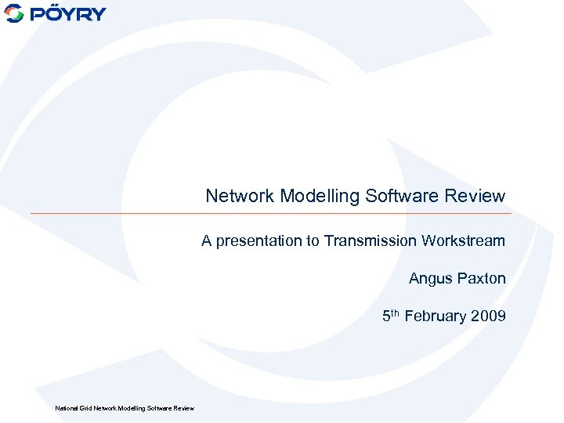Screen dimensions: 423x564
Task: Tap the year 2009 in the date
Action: point(489,316)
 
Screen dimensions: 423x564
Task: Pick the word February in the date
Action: point(436,316)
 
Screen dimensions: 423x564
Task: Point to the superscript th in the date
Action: point(396,313)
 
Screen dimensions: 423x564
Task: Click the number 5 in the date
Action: point(386,316)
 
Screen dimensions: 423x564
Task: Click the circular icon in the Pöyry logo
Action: point(14,13)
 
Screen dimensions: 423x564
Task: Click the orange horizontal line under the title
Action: point(270,213)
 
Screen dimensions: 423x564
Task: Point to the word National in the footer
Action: point(65,408)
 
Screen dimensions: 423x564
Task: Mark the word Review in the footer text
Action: point(183,408)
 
